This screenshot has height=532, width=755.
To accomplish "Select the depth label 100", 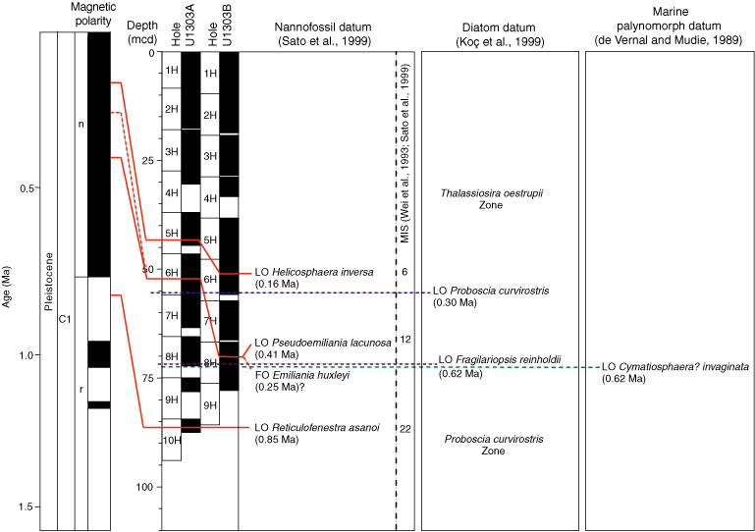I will point(145,487).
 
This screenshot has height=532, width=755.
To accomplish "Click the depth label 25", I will point(148,161).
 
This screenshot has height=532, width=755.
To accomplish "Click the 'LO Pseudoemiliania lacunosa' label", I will point(322,343).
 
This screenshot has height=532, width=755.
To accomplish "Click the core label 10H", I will point(173,441).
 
